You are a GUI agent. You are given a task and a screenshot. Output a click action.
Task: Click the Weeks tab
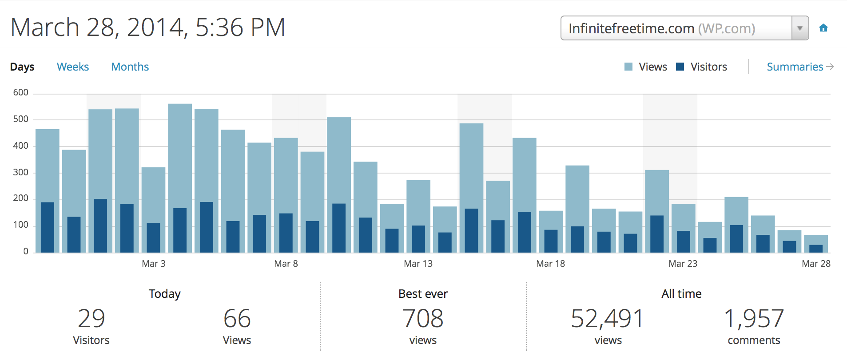pyautogui.click(x=73, y=67)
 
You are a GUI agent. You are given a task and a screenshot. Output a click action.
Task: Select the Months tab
pyautogui.click(x=130, y=67)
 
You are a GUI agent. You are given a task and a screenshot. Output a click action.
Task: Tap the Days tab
pyautogui.click(x=22, y=67)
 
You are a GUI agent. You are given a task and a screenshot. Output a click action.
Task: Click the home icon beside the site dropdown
pyautogui.click(x=823, y=28)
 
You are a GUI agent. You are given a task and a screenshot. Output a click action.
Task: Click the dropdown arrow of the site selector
pyautogui.click(x=800, y=28)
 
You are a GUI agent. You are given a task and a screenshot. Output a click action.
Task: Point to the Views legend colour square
pyautogui.click(x=628, y=67)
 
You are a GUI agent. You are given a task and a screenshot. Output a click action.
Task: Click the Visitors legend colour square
pyautogui.click(x=680, y=67)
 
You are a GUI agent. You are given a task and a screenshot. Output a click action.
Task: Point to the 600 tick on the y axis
pyautogui.click(x=20, y=92)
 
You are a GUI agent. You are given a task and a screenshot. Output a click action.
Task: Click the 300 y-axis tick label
pyautogui.click(x=20, y=172)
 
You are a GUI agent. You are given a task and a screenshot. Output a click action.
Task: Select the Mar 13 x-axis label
pyautogui.click(x=418, y=264)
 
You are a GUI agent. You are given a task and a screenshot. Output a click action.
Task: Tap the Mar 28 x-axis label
pyautogui.click(x=816, y=264)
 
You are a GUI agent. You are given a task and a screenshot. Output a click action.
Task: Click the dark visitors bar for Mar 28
pyautogui.click(x=816, y=249)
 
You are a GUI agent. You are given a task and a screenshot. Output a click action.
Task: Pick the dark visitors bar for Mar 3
pyautogui.click(x=153, y=238)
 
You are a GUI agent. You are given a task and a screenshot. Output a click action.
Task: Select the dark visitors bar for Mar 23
pyautogui.click(x=683, y=241)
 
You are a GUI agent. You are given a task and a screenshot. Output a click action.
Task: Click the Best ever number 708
pyautogui.click(x=423, y=319)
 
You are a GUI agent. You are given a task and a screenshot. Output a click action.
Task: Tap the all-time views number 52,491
pyautogui.click(x=607, y=319)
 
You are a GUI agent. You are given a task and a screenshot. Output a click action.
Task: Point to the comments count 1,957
pyautogui.click(x=754, y=319)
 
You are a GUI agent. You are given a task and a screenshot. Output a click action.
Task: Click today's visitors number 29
pyautogui.click(x=91, y=319)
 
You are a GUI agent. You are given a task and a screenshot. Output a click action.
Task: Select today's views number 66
pyautogui.click(x=237, y=319)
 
